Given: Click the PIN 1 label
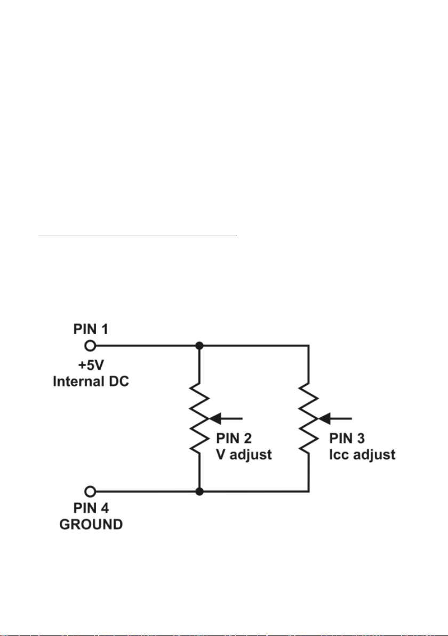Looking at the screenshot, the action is (91, 329).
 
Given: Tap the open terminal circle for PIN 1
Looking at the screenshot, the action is (91, 346).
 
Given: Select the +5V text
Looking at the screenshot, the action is (91, 365).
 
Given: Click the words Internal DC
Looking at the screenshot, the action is (91, 381).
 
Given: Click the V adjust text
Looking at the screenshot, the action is (244, 455).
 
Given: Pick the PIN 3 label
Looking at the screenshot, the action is (347, 439).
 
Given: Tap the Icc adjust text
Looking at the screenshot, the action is (362, 455).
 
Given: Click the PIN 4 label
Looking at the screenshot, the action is (91, 508).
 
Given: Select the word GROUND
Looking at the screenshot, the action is (91, 524).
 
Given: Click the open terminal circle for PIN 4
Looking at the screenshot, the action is (91, 491).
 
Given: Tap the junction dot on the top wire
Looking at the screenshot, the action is (199, 346).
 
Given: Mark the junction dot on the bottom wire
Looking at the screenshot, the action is (199, 491).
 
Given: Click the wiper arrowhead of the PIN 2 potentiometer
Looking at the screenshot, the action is (214, 418).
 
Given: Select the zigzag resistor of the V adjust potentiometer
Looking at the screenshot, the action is (199, 418).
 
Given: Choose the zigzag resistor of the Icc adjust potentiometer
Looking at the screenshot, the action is (309, 418).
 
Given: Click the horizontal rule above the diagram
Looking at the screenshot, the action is (138, 234).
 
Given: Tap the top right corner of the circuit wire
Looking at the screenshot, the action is (309, 346).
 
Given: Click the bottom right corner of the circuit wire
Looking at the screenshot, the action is (309, 491).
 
